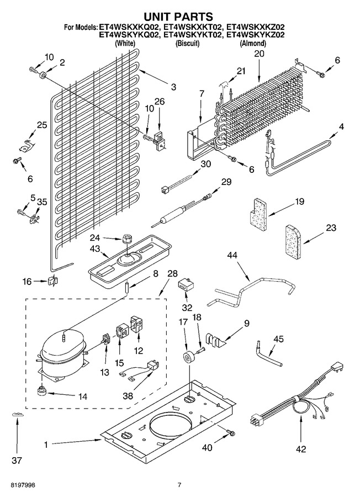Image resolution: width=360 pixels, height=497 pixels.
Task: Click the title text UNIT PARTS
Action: (x=179, y=16)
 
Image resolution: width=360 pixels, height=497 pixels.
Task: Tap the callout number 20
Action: (x=259, y=54)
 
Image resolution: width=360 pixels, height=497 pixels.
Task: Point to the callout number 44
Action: (x=232, y=255)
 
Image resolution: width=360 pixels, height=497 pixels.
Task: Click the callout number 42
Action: (x=301, y=449)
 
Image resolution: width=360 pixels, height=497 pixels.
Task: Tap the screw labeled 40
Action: (x=230, y=432)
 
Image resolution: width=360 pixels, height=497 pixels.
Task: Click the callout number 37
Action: (x=17, y=460)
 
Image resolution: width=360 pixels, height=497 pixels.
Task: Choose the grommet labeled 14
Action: (x=40, y=391)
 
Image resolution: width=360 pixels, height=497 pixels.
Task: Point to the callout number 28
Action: (x=172, y=274)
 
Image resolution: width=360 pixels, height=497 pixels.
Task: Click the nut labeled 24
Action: (x=128, y=239)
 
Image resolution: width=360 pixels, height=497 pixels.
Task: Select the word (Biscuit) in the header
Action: (x=187, y=43)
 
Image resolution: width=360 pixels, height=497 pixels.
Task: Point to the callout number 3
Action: (x=173, y=87)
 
